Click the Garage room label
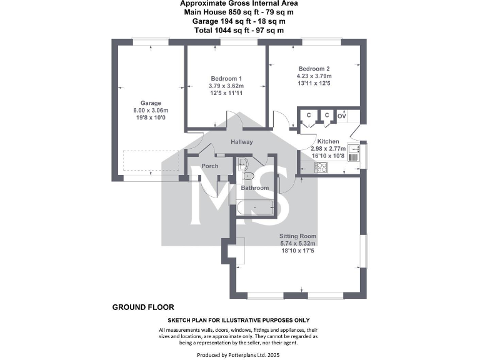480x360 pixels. coord(150,103)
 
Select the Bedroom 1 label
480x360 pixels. coord(226,78)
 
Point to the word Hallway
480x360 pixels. coord(241,142)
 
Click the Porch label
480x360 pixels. coord(210,166)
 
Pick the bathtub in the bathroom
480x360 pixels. coord(255,209)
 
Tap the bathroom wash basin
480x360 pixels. coord(244,164)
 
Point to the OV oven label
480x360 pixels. coord(342,116)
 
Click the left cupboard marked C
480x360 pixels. coord(308,115)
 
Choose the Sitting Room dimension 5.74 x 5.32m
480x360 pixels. coord(298,244)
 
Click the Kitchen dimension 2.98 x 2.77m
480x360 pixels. coord(328,149)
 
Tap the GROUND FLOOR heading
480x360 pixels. coord(143,307)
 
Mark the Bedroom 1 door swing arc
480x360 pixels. coord(234,121)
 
